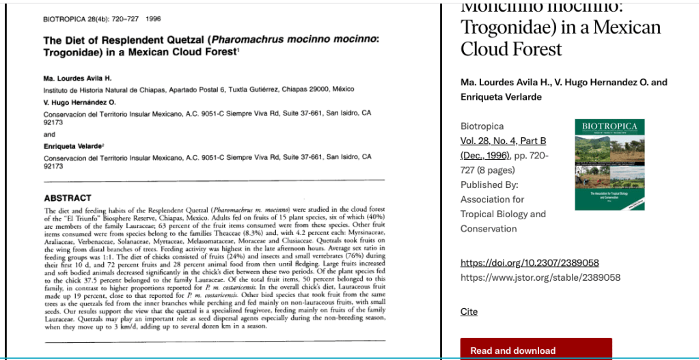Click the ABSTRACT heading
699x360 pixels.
pyautogui.click(x=67, y=197)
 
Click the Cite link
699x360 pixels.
pyautogui.click(x=469, y=311)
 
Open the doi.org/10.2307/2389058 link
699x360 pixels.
pyautogui.click(x=530, y=262)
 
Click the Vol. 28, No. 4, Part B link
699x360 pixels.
pyautogui.click(x=504, y=141)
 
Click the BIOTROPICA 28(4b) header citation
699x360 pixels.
pyautogui.click(x=89, y=18)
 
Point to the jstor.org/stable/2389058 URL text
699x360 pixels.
pyautogui.click(x=540, y=277)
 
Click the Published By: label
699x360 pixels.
pyautogui.click(x=489, y=184)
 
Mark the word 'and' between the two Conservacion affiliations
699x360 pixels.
pyautogui.click(x=49, y=135)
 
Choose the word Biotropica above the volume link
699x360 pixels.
pyautogui.click(x=482, y=126)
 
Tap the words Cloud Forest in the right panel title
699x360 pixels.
pyautogui.click(x=511, y=49)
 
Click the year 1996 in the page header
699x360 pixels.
pyautogui.click(x=153, y=18)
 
